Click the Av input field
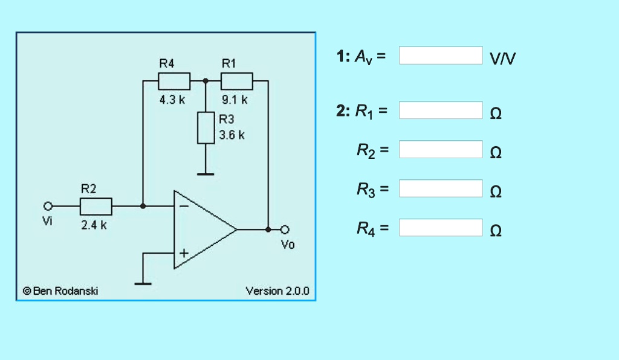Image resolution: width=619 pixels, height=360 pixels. (x=441, y=55)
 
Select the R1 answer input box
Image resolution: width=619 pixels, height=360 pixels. (x=441, y=111)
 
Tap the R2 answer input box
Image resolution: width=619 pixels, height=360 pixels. (x=441, y=149)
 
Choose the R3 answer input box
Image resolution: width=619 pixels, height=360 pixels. (x=441, y=188)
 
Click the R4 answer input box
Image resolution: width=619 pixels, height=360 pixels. (x=441, y=228)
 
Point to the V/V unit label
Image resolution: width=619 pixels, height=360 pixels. (x=503, y=58)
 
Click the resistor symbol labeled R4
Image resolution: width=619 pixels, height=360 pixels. (x=174, y=80)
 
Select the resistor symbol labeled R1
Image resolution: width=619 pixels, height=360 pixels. (x=236, y=80)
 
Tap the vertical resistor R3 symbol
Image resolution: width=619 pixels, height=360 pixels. (x=206, y=127)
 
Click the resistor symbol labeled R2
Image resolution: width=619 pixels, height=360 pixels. (x=96, y=206)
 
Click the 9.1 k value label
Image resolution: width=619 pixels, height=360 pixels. (x=235, y=100)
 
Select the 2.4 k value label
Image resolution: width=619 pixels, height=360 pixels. (x=94, y=225)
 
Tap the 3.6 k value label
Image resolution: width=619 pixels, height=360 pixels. (x=232, y=135)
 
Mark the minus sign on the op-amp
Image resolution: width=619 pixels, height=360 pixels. (x=183, y=206)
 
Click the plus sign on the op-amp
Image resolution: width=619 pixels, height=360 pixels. (x=183, y=253)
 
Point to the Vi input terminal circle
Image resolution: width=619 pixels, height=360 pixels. (x=48, y=206)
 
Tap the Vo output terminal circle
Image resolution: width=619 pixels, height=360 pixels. (x=287, y=230)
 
